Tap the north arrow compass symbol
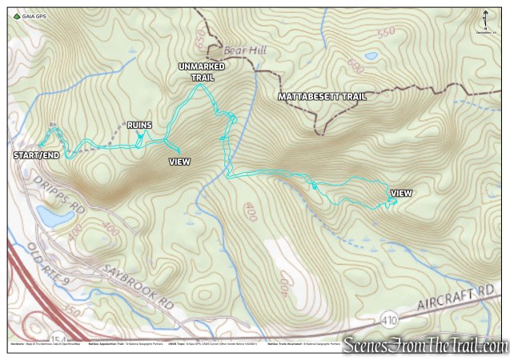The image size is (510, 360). pyautogui.click(x=486, y=20)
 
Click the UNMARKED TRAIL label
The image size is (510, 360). pyautogui.click(x=201, y=73)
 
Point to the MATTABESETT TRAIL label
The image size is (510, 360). pyautogui.click(x=322, y=97)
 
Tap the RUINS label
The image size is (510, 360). pyautogui.click(x=139, y=125)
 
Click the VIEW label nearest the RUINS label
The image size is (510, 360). pyautogui.click(x=180, y=161)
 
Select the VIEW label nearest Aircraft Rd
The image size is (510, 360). pyautogui.click(x=401, y=193)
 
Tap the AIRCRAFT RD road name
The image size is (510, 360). pyautogui.click(x=456, y=295)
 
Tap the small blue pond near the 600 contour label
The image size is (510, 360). pyautogui.click(x=371, y=57)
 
